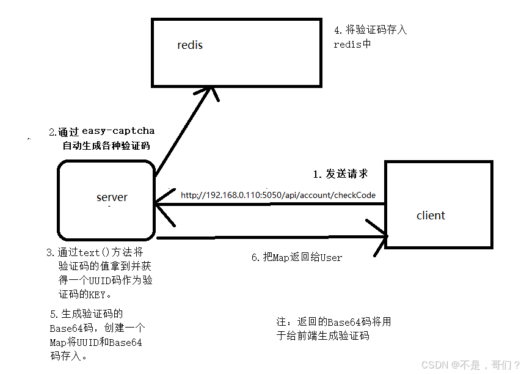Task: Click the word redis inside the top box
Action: [190, 45]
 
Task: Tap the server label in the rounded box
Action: [112, 197]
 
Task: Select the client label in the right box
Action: [431, 215]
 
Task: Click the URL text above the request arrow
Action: [278, 195]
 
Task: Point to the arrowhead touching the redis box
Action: [211, 92]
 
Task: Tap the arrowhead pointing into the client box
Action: [381, 235]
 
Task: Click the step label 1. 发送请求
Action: [340, 174]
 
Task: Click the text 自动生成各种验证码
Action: [106, 145]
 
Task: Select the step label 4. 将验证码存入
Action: [370, 29]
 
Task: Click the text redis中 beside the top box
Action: [352, 44]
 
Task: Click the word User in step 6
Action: [330, 258]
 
